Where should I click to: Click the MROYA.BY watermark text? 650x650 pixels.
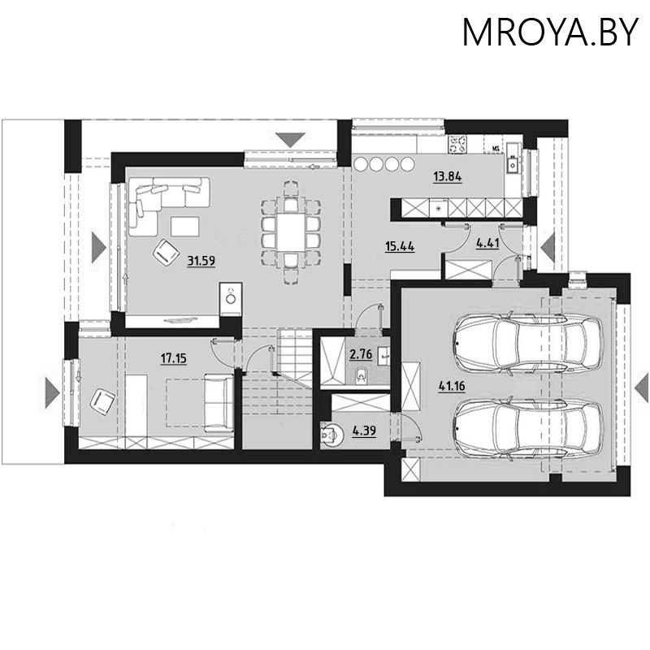click(x=550, y=32)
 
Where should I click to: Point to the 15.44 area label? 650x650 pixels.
click(x=399, y=245)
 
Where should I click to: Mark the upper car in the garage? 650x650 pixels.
click(x=527, y=344)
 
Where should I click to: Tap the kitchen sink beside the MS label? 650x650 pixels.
click(x=514, y=162)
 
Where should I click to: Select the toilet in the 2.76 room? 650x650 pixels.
click(x=361, y=374)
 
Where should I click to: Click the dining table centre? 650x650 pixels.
click(x=289, y=230)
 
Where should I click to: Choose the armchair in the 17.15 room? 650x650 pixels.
click(x=102, y=400)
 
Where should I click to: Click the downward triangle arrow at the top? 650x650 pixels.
click(x=289, y=139)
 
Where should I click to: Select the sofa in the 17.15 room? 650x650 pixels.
click(x=217, y=403)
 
